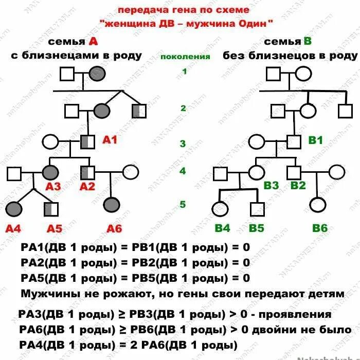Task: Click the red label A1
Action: point(111,139)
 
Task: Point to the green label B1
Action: point(315,139)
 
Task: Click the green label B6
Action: point(320,227)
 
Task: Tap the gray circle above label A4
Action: point(14,208)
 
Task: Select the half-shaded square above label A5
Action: point(51,209)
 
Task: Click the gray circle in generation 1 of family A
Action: point(97,74)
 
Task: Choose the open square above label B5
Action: point(257,209)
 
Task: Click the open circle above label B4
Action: point(220,209)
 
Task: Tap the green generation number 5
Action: point(183,204)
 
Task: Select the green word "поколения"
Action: point(185,57)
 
